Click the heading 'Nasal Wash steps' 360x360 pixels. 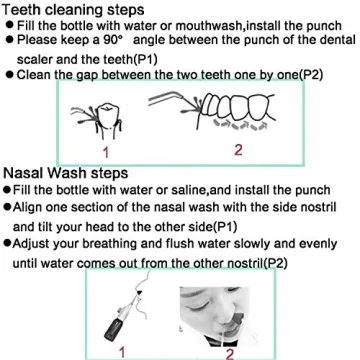(x=58, y=172)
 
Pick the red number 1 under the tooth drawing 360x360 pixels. (x=105, y=152)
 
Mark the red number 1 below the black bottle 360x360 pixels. (x=121, y=352)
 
